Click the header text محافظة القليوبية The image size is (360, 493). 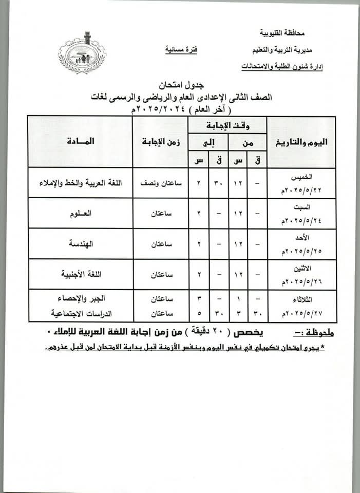tap(281, 34)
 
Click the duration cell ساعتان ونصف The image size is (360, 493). tap(160, 182)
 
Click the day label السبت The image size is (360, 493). tap(303, 206)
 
